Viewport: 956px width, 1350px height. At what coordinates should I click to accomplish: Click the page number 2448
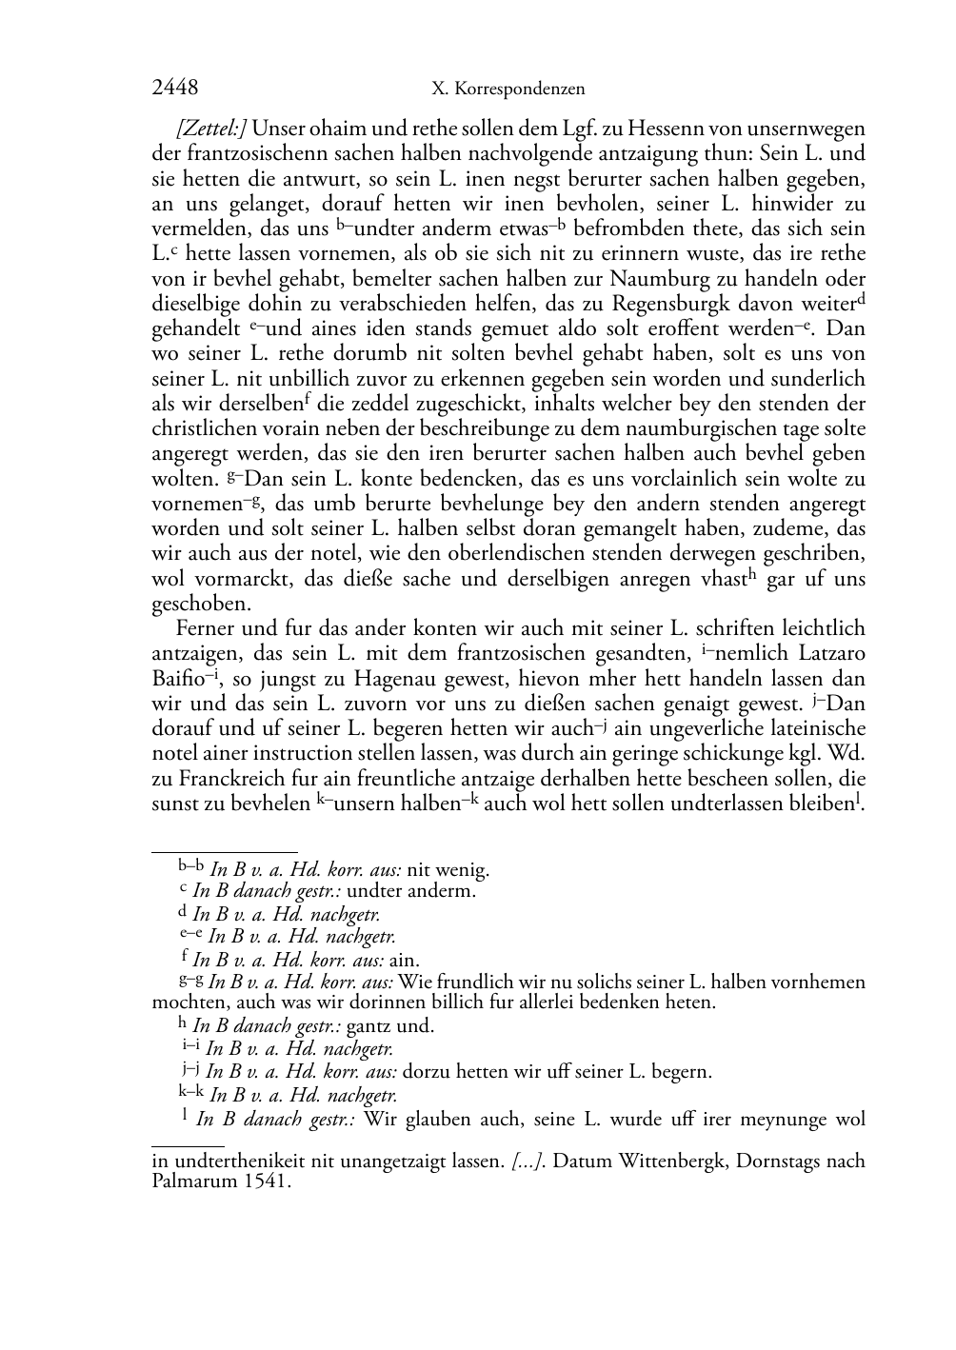175,89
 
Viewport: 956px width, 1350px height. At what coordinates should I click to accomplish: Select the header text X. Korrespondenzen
508,89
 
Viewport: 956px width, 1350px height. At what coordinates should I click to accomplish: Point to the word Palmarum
196,1182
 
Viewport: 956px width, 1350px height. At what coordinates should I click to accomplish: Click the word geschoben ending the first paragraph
201,605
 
